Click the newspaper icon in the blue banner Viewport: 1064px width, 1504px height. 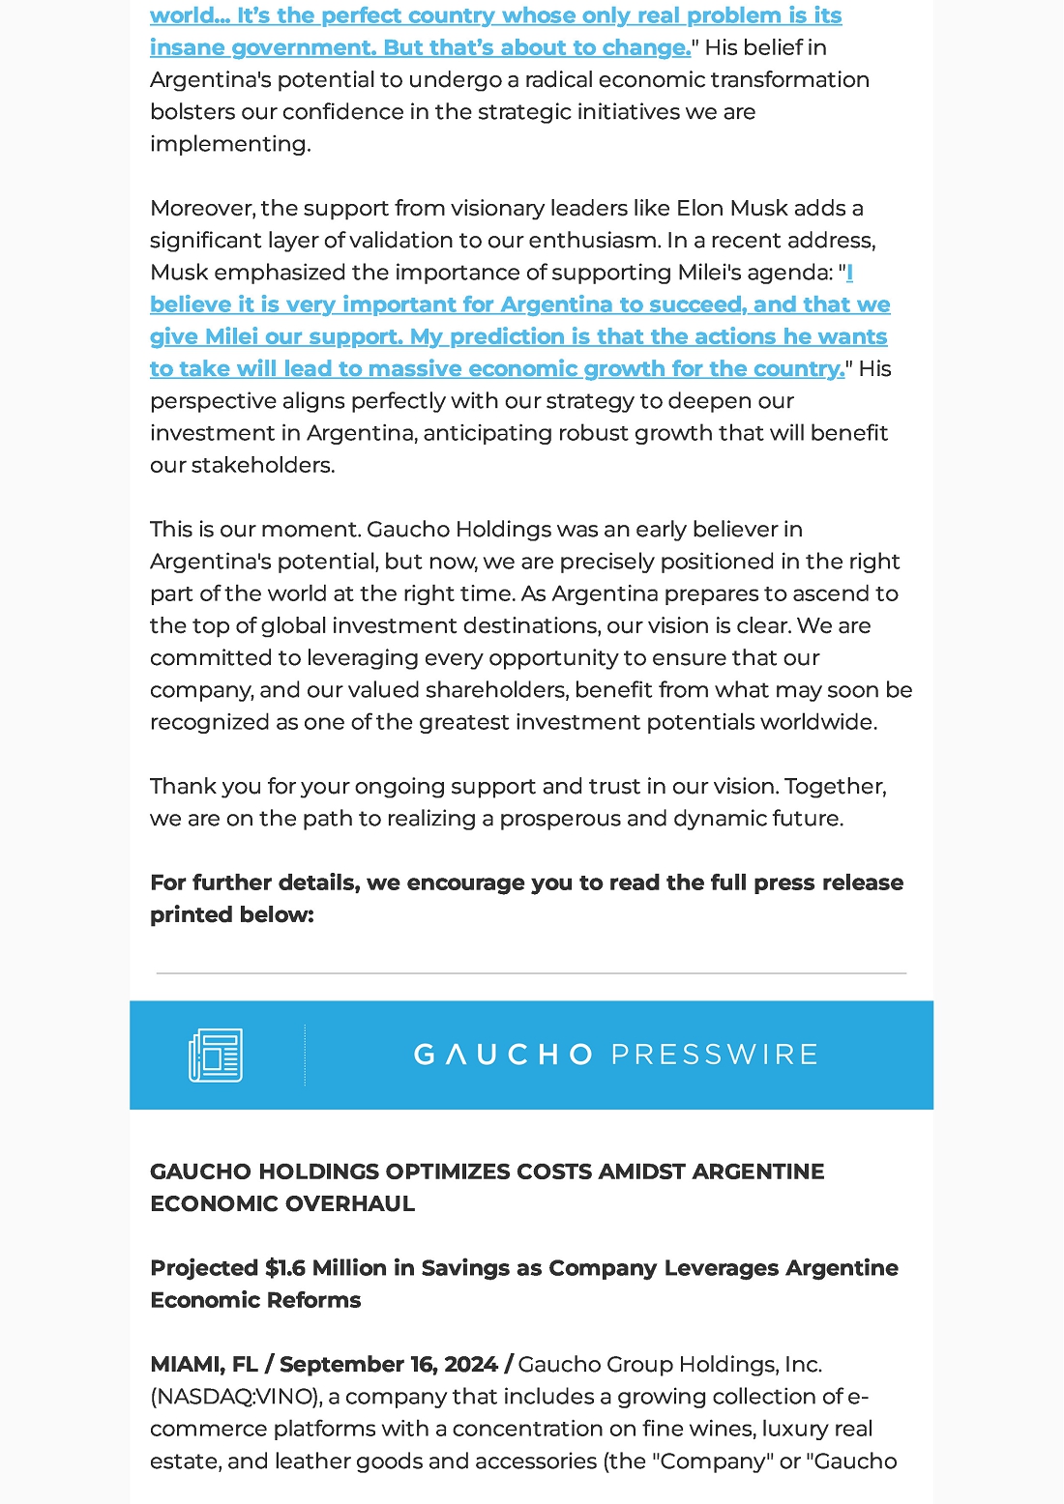(216, 1055)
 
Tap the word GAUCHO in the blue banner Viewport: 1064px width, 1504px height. (503, 1055)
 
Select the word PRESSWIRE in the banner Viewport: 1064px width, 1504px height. (715, 1055)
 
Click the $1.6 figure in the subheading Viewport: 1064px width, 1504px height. (285, 1268)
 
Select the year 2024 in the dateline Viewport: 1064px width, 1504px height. (471, 1365)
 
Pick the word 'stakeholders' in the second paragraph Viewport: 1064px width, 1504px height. (262, 466)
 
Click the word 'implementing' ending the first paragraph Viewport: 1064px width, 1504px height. (229, 145)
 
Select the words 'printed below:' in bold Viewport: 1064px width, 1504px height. (232, 915)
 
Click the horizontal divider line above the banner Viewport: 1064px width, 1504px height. (531, 973)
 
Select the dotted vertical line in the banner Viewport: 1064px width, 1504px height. (305, 1055)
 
